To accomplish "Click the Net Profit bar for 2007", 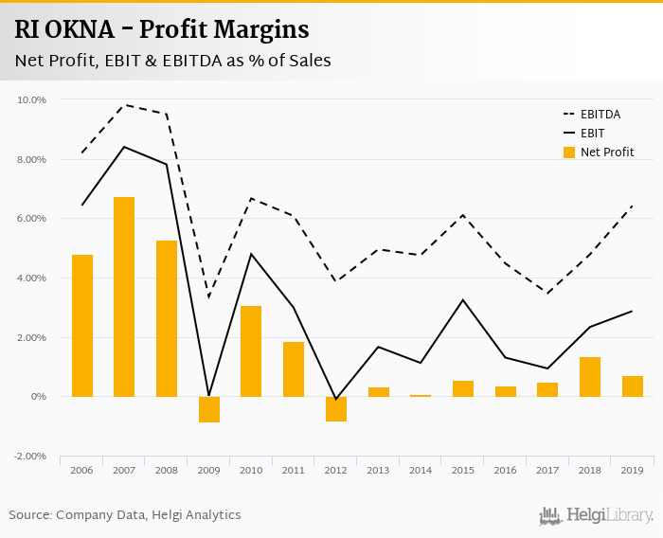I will [124, 296].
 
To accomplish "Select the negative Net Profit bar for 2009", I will [208, 409].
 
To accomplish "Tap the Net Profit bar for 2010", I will [251, 351].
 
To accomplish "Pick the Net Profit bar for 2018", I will [589, 377].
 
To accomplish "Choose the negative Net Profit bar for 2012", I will [336, 408].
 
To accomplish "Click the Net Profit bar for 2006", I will [82, 326].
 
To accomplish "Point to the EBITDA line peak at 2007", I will [124, 105].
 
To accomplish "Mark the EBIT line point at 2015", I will [463, 300].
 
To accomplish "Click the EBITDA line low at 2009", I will [208, 297].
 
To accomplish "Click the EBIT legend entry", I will [590, 134].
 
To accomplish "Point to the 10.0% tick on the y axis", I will [32, 99].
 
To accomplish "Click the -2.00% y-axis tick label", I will [31, 456].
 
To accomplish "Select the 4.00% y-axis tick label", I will [32, 278].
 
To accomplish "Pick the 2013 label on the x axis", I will [379, 471].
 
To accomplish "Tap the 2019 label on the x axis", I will [632, 471].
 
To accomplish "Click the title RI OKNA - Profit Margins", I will [162, 29].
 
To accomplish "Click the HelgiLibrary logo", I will [596, 515].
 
